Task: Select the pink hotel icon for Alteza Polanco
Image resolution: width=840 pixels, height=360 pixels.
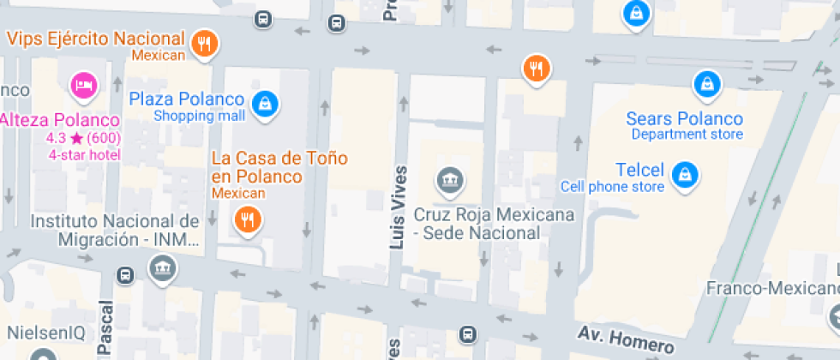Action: [x=84, y=85]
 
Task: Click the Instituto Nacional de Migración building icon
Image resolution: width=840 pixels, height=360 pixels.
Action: [x=161, y=269]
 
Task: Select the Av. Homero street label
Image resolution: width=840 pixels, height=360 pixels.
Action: [x=625, y=339]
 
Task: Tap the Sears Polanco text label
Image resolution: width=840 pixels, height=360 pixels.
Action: [x=685, y=118]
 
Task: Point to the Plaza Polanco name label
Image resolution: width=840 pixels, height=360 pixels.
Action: [x=187, y=99]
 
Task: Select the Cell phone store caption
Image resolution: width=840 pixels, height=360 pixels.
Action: [x=612, y=187]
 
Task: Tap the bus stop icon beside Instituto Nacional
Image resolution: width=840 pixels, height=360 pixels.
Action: [x=125, y=274]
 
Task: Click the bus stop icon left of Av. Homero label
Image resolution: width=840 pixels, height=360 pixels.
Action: [x=467, y=333]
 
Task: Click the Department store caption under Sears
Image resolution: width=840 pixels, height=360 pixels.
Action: [x=687, y=135]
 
